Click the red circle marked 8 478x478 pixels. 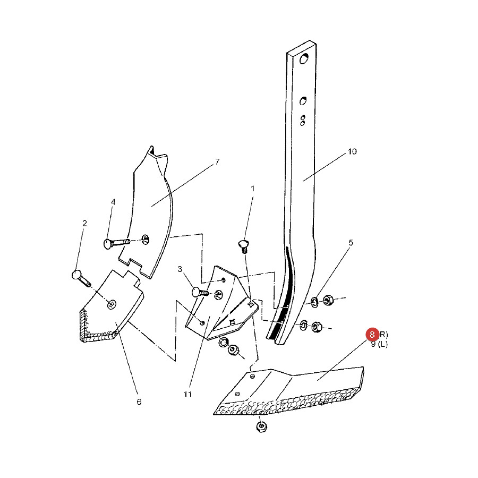(372, 335)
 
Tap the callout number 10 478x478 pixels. (352, 151)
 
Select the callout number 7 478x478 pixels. (217, 162)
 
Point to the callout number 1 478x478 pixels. (252, 189)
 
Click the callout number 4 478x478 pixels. (113, 202)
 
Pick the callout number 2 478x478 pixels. (84, 224)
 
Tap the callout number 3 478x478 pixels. (180, 269)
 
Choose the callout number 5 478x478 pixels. (351, 243)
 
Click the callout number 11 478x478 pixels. (188, 394)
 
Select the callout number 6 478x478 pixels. (139, 402)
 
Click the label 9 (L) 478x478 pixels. (379, 345)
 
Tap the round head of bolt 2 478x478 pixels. (76, 275)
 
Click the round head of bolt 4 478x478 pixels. (108, 244)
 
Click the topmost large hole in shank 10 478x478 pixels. (304, 58)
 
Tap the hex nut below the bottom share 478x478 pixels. (262, 426)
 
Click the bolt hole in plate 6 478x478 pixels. (112, 304)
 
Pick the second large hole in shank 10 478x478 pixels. (303, 100)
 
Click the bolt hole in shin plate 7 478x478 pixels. (146, 240)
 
